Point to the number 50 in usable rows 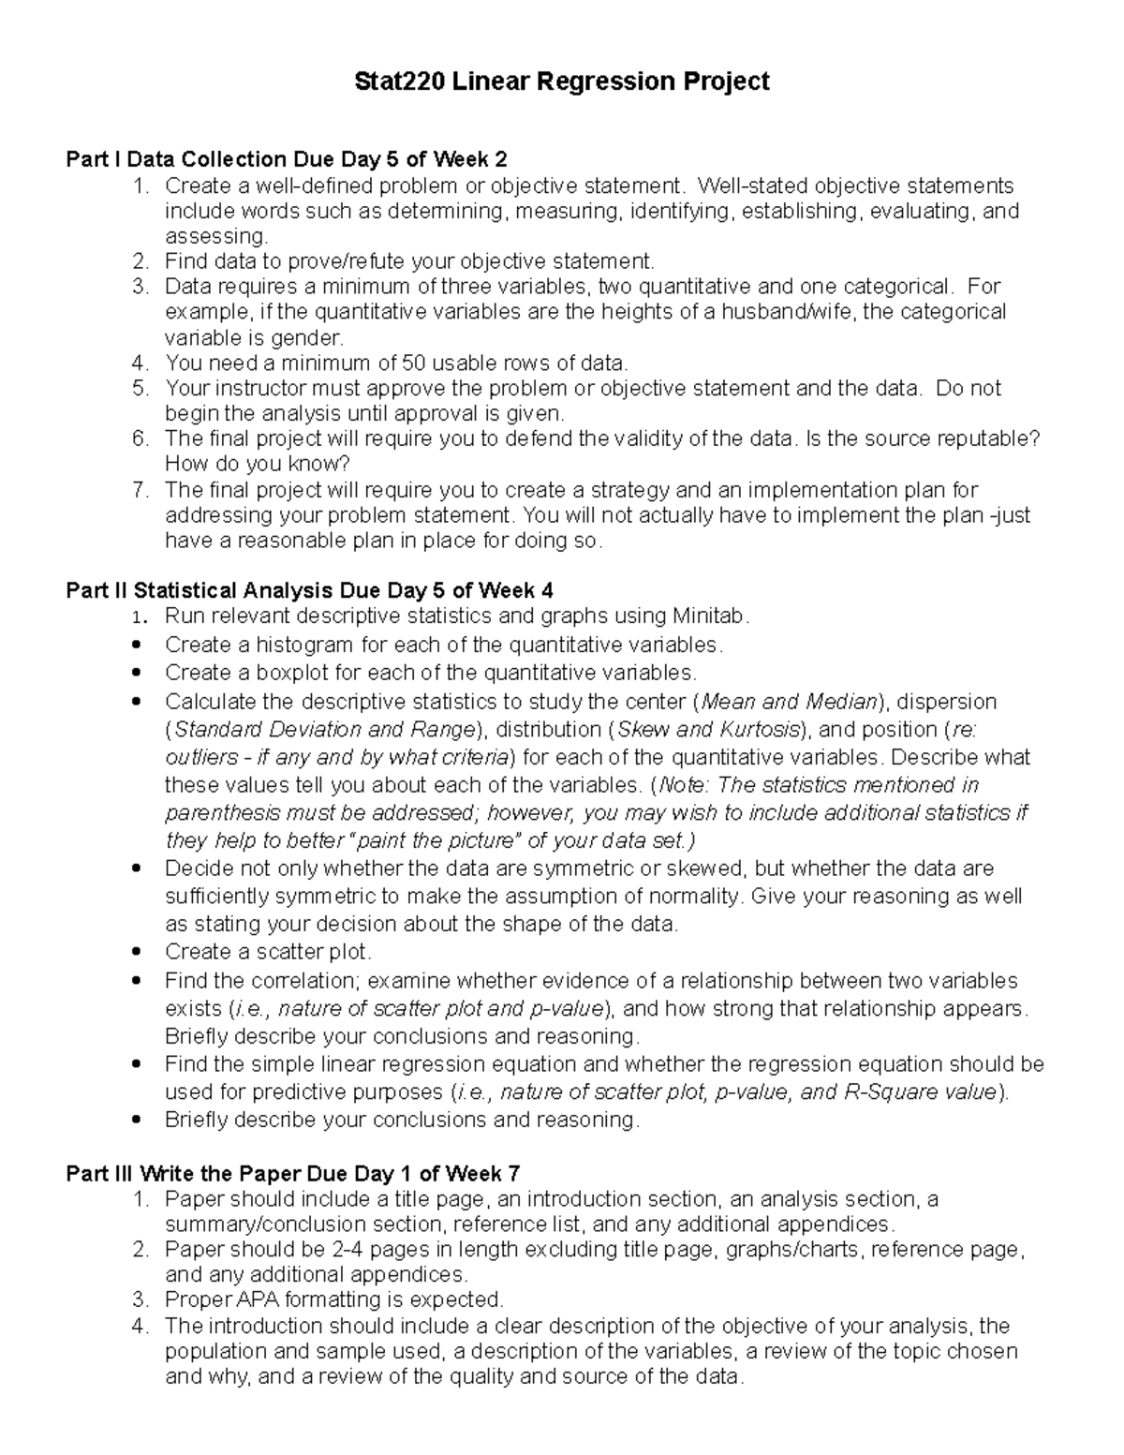pos(413,363)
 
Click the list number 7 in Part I pos(140,489)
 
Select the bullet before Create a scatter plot pos(138,952)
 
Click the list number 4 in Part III pos(140,1326)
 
